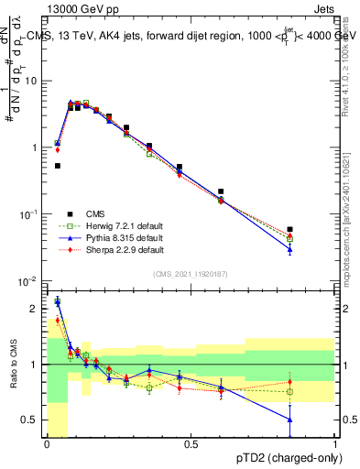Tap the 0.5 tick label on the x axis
coord(191,444)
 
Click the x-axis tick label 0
coord(47,444)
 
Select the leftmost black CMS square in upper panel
coord(58,166)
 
